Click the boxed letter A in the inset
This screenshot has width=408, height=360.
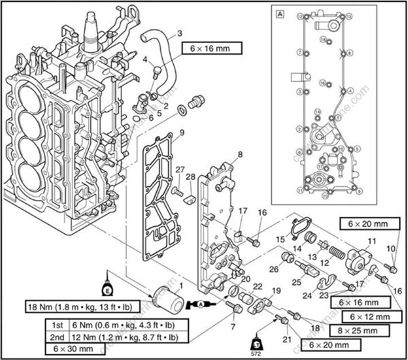click(x=280, y=13)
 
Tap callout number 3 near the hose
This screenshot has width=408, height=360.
click(x=180, y=33)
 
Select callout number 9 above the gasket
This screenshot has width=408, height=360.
click(x=182, y=132)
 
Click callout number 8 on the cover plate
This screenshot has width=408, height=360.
click(x=239, y=156)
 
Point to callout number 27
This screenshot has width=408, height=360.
click(x=180, y=169)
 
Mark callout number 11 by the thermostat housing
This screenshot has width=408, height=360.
click(x=371, y=241)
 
